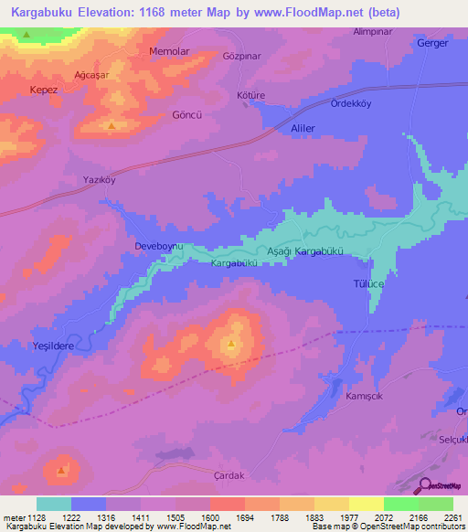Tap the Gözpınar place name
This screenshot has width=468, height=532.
(x=243, y=55)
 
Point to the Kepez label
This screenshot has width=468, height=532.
(x=42, y=90)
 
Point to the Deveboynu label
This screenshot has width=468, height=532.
(x=160, y=248)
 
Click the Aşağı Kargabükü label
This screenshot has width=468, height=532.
(x=304, y=250)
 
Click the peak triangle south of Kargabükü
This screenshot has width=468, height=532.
(x=231, y=345)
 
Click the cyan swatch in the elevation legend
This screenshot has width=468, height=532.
(x=53, y=504)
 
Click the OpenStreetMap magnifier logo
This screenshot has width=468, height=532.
(x=425, y=486)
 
